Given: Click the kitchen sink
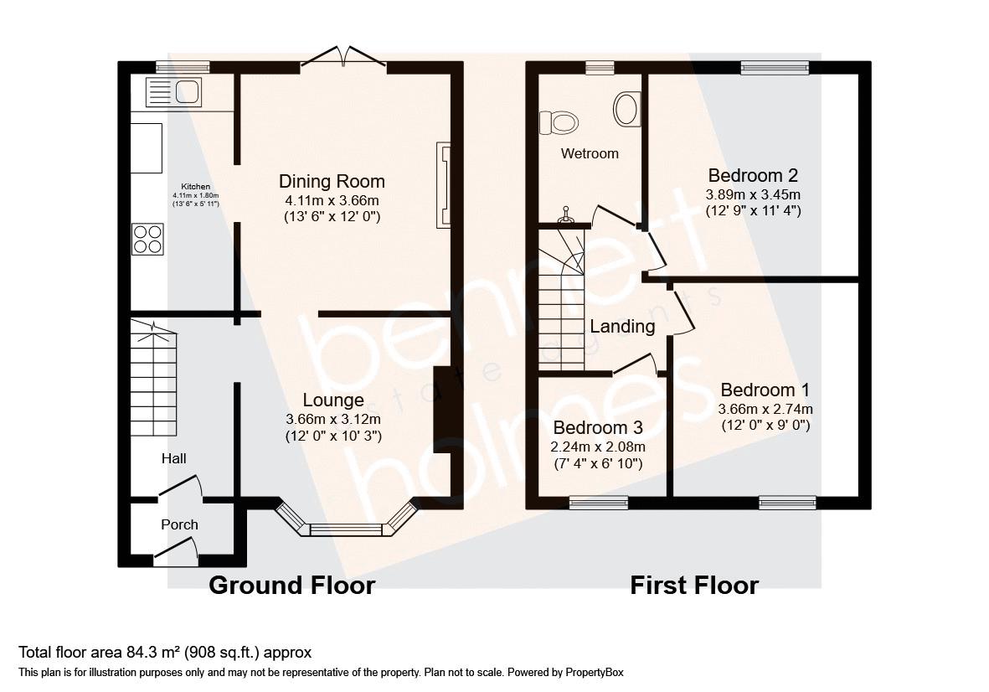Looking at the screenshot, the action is [173, 92].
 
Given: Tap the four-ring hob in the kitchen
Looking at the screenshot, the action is [147, 240].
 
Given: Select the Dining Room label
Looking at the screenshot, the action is [332, 182].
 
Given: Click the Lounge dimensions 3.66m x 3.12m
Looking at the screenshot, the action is [333, 419].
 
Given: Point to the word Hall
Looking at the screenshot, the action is [173, 458].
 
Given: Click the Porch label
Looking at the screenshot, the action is [179, 524].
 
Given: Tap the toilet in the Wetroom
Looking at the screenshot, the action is [559, 121].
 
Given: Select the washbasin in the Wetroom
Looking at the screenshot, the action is [627, 109].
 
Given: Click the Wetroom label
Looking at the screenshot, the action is [590, 153].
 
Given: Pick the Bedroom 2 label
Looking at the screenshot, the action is [753, 175].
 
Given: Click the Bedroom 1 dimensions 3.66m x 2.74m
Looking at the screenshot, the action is [765, 409].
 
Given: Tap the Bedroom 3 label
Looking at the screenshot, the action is [598, 428].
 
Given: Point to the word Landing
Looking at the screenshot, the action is [622, 326].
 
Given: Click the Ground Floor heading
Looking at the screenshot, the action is [292, 586].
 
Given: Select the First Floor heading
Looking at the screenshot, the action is [694, 586].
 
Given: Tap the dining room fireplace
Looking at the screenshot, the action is [444, 185].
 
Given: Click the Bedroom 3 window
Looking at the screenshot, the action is [599, 503].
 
